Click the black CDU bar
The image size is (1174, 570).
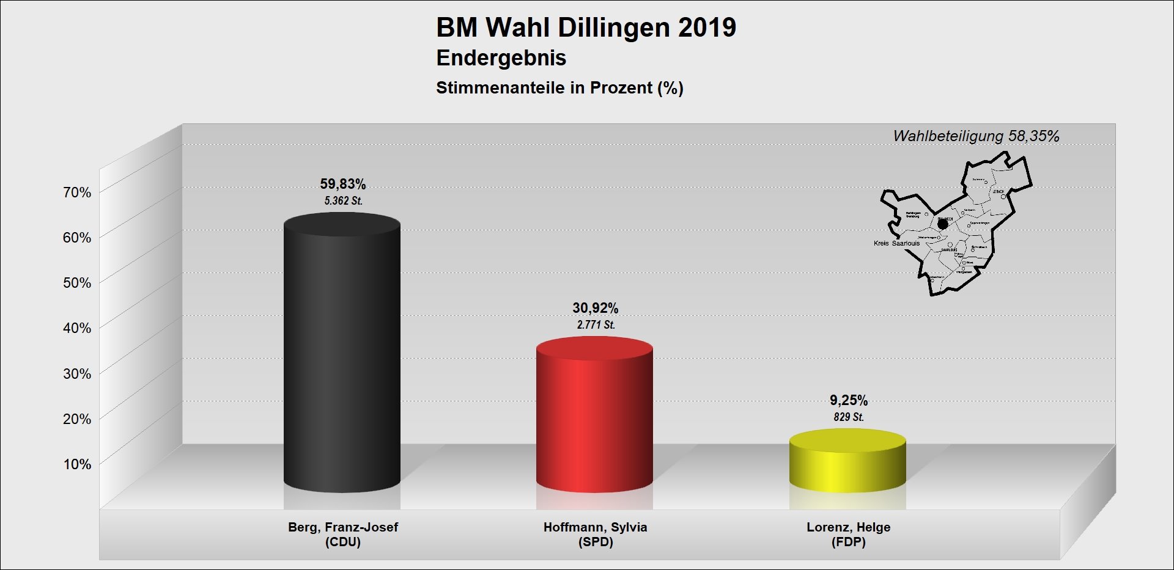(x=342, y=354)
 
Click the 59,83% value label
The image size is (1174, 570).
(x=343, y=184)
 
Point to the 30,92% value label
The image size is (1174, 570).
(x=595, y=308)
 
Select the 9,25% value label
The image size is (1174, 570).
(x=849, y=400)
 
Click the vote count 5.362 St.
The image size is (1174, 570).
(x=343, y=200)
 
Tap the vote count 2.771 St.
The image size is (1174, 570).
(x=596, y=324)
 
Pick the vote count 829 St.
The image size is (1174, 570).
(x=849, y=417)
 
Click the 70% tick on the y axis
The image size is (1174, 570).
(x=77, y=192)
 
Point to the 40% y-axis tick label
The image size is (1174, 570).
(x=77, y=328)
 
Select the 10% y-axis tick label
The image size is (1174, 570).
(x=77, y=464)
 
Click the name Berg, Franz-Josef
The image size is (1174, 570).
(x=343, y=527)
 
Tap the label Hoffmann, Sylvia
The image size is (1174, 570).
(x=595, y=527)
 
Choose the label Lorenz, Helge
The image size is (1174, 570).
(x=848, y=527)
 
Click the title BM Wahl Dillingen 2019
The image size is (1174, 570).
(x=586, y=27)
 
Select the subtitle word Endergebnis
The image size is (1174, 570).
(x=501, y=58)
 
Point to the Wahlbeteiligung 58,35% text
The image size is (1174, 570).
(x=976, y=136)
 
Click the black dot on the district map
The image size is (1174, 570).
(x=942, y=224)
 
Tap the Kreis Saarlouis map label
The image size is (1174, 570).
(x=896, y=243)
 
